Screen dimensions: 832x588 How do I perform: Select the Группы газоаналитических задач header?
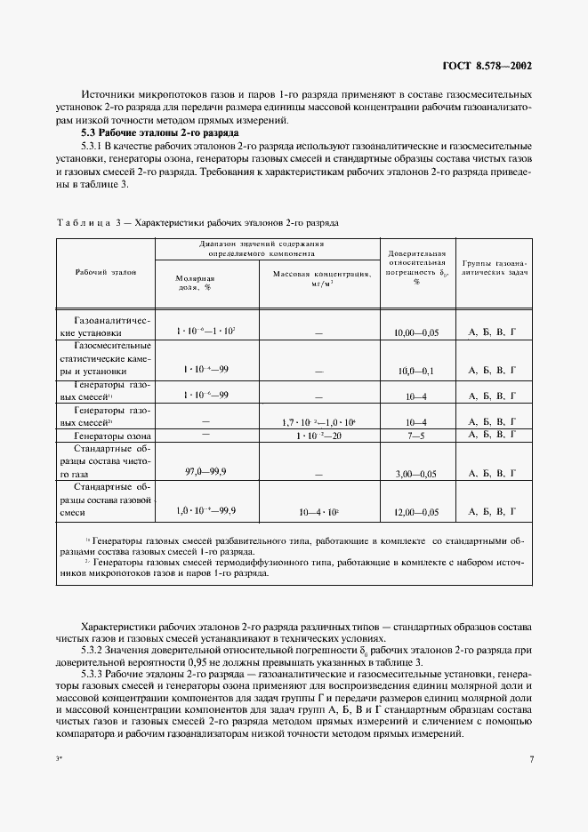(494, 270)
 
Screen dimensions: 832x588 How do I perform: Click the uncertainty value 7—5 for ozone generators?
(416, 437)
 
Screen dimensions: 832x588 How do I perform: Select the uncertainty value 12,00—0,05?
(416, 512)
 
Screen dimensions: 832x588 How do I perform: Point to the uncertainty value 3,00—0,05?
(416, 476)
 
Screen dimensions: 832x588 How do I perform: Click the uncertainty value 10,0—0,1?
(416, 369)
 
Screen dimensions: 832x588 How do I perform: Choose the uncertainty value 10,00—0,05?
(416, 332)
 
